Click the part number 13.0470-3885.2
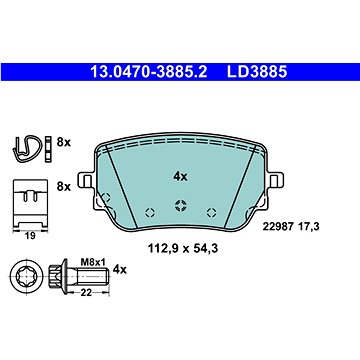(149, 72)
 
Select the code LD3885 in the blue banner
(257, 72)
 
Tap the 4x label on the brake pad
(180, 177)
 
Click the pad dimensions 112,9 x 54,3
(183, 248)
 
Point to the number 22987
(278, 227)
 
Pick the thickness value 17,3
(308, 227)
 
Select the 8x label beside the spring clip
(64, 142)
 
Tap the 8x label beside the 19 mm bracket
(64, 187)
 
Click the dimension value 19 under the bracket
(30, 236)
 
